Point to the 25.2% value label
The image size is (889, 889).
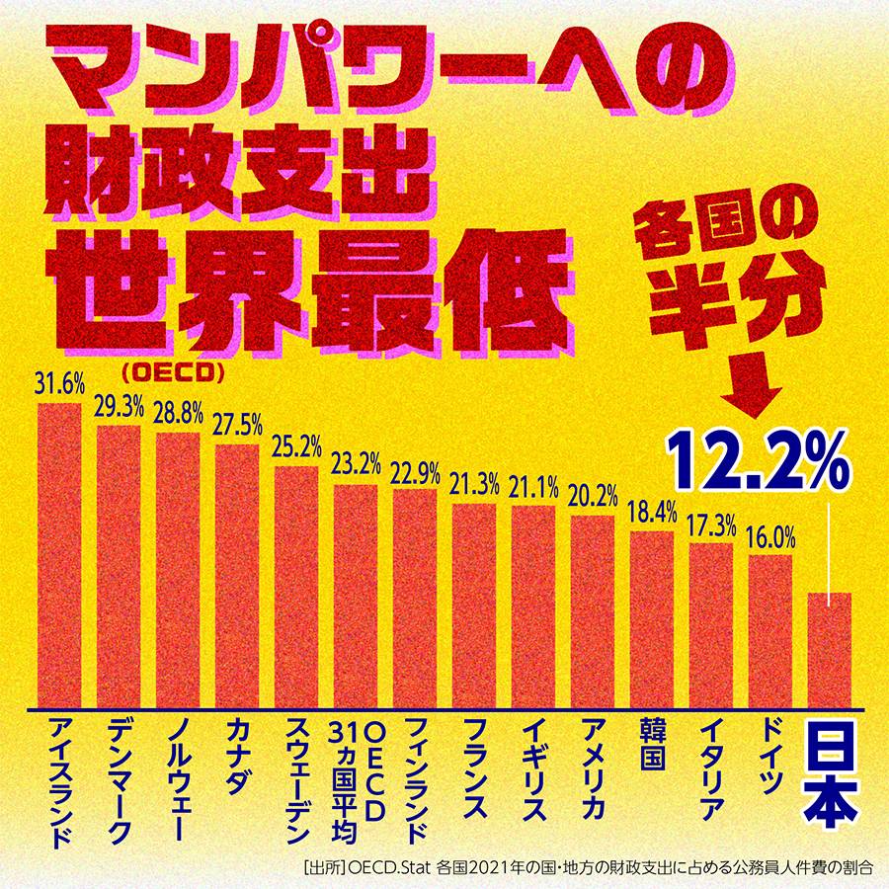point(296,447)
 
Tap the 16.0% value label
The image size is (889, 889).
point(770,538)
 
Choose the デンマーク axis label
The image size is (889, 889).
point(118,780)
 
